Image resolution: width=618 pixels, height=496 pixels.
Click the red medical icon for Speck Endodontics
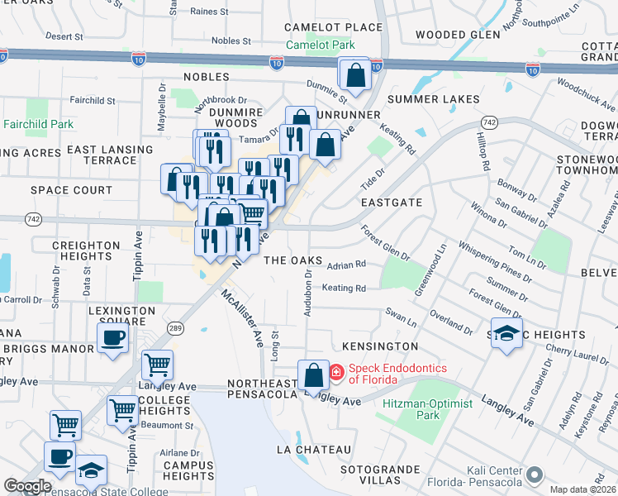pyautogui.click(x=336, y=374)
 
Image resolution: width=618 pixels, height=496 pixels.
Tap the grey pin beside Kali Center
pyautogui.click(x=535, y=475)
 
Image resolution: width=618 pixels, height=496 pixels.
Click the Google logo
pyautogui.click(x=26, y=486)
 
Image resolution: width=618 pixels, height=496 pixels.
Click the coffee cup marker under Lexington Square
pyautogui.click(x=112, y=337)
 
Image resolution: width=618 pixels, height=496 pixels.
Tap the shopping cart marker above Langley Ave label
pyautogui.click(x=157, y=364)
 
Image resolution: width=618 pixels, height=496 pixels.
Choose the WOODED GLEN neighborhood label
pyautogui.click(x=458, y=35)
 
